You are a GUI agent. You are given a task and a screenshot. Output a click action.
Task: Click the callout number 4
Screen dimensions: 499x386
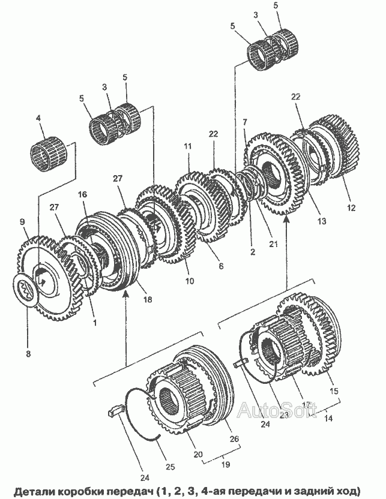click(x=40, y=118)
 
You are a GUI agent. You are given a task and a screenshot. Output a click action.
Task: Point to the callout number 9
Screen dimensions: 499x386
click(x=23, y=221)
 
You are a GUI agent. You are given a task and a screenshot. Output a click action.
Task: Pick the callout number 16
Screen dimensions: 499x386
click(x=82, y=194)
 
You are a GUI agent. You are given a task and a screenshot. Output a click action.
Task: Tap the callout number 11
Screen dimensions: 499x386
click(x=187, y=146)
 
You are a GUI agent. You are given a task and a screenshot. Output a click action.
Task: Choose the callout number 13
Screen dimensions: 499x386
click(x=321, y=221)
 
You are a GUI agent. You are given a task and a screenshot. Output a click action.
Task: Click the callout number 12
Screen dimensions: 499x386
click(x=351, y=208)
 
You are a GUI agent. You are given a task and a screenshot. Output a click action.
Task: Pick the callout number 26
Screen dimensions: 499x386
click(x=234, y=439)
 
